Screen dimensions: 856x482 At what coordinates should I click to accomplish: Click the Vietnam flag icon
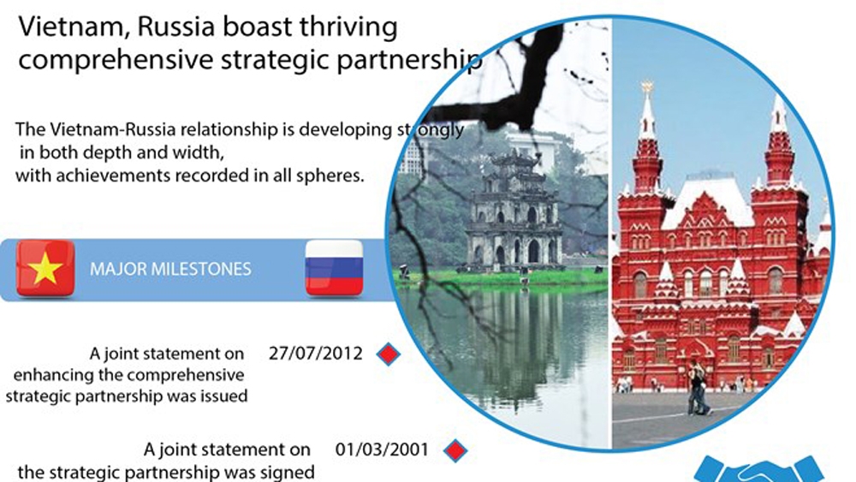45,269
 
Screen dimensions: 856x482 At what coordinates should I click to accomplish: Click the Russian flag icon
334,268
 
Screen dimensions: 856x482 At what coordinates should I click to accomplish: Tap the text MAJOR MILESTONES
170,269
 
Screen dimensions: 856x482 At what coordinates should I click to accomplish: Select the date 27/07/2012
316,354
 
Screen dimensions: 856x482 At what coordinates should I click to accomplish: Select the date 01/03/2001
382,449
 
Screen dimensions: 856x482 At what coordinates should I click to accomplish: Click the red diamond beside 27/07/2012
389,354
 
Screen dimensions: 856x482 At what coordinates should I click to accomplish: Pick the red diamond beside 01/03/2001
455,450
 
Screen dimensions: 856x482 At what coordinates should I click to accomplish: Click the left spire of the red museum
647,136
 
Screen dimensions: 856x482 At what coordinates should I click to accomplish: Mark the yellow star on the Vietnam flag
45,268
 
